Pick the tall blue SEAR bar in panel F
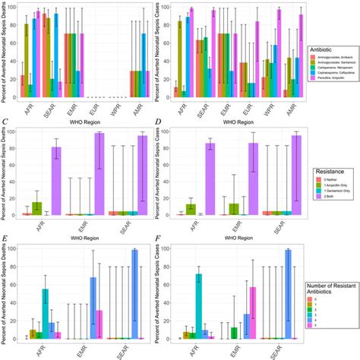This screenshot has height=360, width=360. pyautogui.click(x=288, y=293)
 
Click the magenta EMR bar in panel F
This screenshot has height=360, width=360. pyautogui.click(x=253, y=312)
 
